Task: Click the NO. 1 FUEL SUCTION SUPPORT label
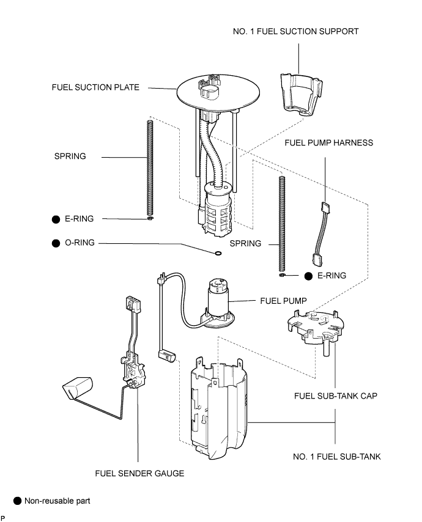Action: point(296,32)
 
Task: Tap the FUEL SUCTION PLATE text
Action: point(95,87)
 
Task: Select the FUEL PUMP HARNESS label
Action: point(329,143)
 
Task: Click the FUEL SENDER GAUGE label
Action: point(139,473)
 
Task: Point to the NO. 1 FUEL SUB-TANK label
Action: point(337,457)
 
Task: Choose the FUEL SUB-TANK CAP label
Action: point(336,396)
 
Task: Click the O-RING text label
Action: point(80,243)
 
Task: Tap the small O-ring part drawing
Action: point(217,254)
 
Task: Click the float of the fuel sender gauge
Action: point(78,388)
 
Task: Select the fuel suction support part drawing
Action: point(301,95)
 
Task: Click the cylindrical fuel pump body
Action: point(218,296)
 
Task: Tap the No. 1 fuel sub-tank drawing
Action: point(218,409)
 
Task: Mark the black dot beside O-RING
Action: point(56,243)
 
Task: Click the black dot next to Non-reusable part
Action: point(17,501)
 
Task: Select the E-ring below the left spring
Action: point(150,218)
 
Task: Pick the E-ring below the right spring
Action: point(282,275)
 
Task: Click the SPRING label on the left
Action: point(70,156)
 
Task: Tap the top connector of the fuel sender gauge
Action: point(133,304)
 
